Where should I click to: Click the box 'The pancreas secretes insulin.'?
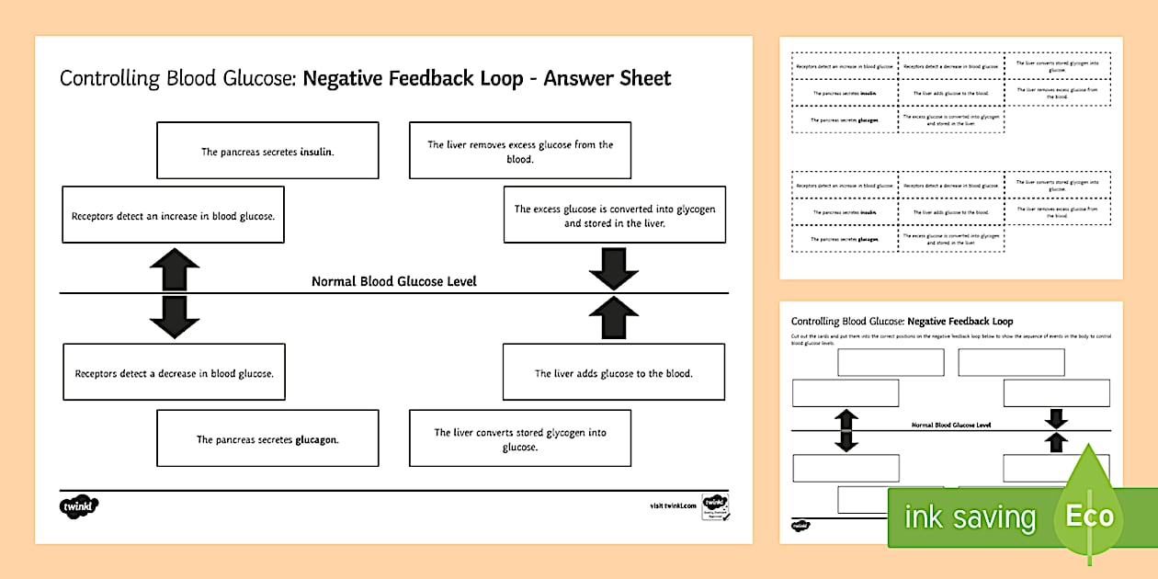tap(267, 151)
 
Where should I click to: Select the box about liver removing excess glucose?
tap(519, 151)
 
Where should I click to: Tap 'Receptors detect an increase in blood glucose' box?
tap(173, 215)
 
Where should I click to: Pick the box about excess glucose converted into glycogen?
tap(614, 215)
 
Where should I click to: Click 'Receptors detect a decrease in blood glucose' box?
tap(174, 372)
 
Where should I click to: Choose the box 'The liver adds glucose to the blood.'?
tap(613, 372)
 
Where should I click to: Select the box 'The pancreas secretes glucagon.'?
tap(267, 438)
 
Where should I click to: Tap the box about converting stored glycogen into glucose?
tap(519, 438)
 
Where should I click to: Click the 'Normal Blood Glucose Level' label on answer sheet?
tap(393, 281)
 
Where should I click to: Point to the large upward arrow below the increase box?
tap(174, 270)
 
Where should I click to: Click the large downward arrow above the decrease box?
tap(174, 315)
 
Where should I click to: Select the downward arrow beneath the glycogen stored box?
tap(613, 267)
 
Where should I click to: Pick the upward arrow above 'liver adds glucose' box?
tap(613, 318)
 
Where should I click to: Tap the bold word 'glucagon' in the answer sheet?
tap(316, 439)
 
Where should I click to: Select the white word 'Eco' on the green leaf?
tap(1089, 516)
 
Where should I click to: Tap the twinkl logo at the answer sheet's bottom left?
tap(79, 505)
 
